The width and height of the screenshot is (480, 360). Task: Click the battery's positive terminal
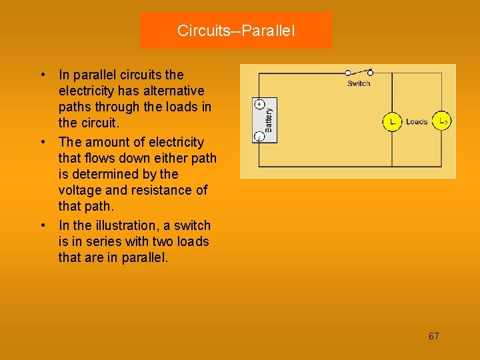click(260, 105)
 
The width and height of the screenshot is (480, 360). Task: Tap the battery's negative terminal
click(260, 136)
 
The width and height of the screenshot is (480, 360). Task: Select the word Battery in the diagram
click(269, 120)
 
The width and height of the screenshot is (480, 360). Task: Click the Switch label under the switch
click(359, 83)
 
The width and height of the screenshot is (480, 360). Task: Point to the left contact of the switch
click(348, 72)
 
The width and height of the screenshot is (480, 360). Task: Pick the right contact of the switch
click(370, 72)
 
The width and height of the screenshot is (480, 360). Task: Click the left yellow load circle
click(392, 121)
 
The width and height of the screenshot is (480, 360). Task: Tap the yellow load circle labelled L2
click(442, 121)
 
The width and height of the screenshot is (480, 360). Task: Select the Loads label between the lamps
click(417, 121)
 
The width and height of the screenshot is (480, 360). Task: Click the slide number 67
click(434, 336)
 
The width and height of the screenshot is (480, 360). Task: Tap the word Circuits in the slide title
click(199, 31)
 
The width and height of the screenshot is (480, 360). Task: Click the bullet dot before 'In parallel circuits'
click(42, 75)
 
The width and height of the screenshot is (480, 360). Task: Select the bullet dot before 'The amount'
click(42, 142)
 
